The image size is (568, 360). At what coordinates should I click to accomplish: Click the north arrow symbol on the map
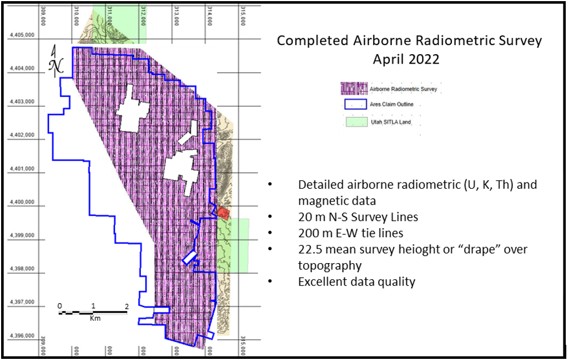click(x=56, y=61)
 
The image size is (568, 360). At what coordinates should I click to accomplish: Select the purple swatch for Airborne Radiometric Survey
click(x=354, y=89)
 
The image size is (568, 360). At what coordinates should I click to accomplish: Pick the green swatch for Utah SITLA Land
click(x=357, y=122)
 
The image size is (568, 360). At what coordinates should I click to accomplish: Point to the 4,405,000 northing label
click(x=23, y=35)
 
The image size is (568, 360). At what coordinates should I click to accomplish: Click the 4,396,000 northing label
click(x=23, y=335)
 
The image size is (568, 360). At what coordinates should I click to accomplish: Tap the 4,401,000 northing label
click(x=23, y=168)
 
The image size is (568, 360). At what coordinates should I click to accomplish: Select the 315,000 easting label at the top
click(x=243, y=16)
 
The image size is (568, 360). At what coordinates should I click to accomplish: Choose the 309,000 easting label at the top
click(x=43, y=16)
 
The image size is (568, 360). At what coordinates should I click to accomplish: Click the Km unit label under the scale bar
click(x=95, y=318)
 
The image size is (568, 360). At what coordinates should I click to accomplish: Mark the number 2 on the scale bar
click(x=127, y=306)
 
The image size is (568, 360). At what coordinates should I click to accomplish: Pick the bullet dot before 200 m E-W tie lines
click(x=270, y=233)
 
